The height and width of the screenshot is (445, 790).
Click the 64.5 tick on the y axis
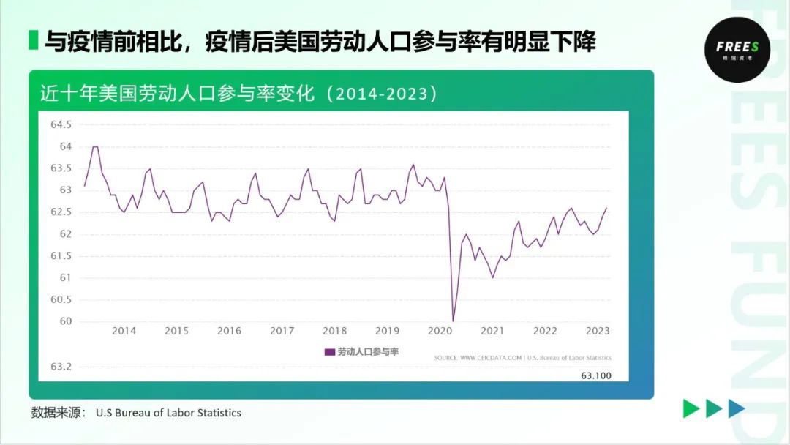click(61, 125)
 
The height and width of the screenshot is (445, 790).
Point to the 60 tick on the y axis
click(67, 321)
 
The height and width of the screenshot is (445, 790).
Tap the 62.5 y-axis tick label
click(61, 212)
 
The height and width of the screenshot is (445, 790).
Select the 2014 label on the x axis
click(124, 331)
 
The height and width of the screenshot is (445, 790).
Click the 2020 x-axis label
click(440, 331)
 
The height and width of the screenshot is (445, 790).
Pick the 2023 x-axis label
click(598, 331)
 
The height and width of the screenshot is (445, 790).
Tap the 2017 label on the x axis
click(282, 331)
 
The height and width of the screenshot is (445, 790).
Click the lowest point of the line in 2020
click(453, 321)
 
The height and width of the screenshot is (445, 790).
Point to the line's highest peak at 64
click(94, 147)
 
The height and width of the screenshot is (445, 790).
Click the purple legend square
click(329, 352)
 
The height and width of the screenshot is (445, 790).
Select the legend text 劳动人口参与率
click(367, 352)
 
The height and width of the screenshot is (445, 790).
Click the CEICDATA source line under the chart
click(522, 358)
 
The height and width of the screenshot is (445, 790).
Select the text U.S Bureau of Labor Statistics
click(168, 413)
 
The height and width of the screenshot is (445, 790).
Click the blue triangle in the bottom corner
click(737, 409)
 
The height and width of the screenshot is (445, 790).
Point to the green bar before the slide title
click(33, 40)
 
